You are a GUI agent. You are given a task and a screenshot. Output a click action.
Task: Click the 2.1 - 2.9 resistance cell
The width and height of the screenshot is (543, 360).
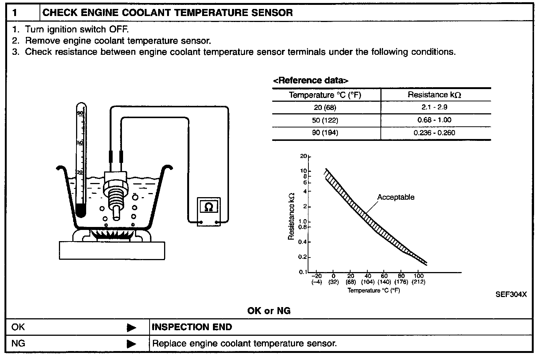(434, 107)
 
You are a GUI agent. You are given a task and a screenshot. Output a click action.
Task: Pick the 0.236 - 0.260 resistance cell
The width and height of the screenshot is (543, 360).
(434, 133)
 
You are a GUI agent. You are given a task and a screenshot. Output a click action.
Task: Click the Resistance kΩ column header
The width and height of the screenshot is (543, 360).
(434, 95)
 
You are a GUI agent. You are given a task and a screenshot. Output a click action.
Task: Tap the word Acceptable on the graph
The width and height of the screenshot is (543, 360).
(396, 197)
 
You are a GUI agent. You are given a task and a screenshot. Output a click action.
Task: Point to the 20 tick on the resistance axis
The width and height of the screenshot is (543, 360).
(303, 157)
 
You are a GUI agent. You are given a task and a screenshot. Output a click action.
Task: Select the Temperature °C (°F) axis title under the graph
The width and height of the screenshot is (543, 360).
(374, 290)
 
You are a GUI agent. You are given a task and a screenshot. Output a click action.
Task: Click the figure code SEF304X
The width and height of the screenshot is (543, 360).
(511, 294)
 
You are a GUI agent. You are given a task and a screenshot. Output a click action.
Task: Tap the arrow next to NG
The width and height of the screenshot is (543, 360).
(131, 344)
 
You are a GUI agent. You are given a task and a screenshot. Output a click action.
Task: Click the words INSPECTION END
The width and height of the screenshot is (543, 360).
(192, 327)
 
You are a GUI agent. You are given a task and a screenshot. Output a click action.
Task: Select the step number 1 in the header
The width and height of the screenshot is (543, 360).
(15, 13)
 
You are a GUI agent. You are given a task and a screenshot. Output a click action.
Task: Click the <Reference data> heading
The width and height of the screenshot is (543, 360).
(311, 80)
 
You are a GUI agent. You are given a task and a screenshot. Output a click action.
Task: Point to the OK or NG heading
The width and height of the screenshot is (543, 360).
(269, 310)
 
